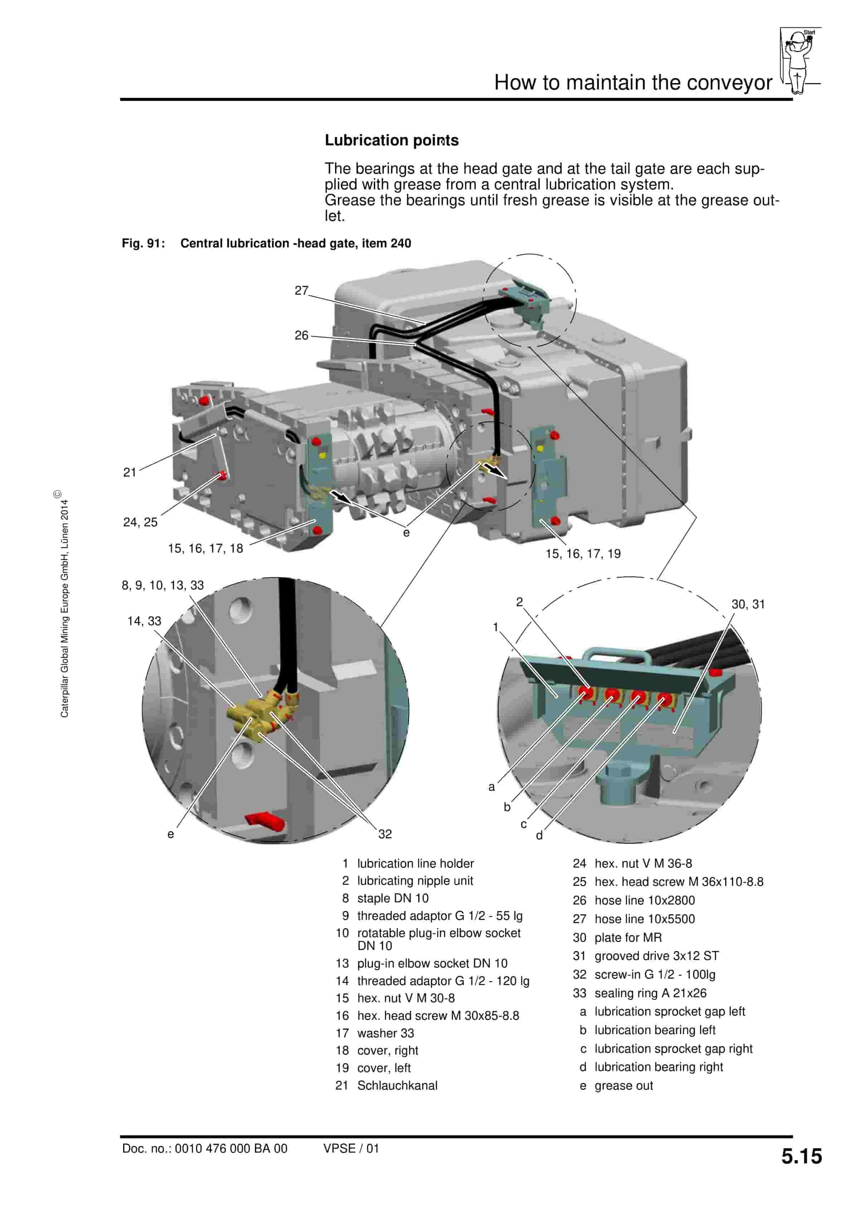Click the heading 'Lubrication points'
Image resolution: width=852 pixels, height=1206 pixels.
[391, 140]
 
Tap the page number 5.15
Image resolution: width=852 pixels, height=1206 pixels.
[801, 1156]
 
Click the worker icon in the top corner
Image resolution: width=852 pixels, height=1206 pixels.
[798, 61]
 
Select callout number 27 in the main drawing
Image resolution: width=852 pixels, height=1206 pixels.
[301, 290]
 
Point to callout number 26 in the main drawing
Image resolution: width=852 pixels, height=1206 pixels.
[301, 335]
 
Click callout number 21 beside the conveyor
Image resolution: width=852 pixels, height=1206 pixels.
[130, 472]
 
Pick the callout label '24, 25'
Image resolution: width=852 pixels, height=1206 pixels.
[140, 522]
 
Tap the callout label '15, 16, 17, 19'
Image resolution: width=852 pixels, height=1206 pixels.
[583, 554]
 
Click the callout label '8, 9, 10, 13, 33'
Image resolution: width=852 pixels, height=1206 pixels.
[163, 585]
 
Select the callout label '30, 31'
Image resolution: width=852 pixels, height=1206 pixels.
[748, 604]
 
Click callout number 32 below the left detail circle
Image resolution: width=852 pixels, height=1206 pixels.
[385, 834]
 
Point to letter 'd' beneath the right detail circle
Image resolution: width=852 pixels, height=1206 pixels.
[539, 835]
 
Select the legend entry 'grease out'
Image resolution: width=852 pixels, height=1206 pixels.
[624, 1085]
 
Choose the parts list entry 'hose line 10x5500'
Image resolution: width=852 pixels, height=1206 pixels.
[644, 919]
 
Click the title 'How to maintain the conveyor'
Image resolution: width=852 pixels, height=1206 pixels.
[633, 82]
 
